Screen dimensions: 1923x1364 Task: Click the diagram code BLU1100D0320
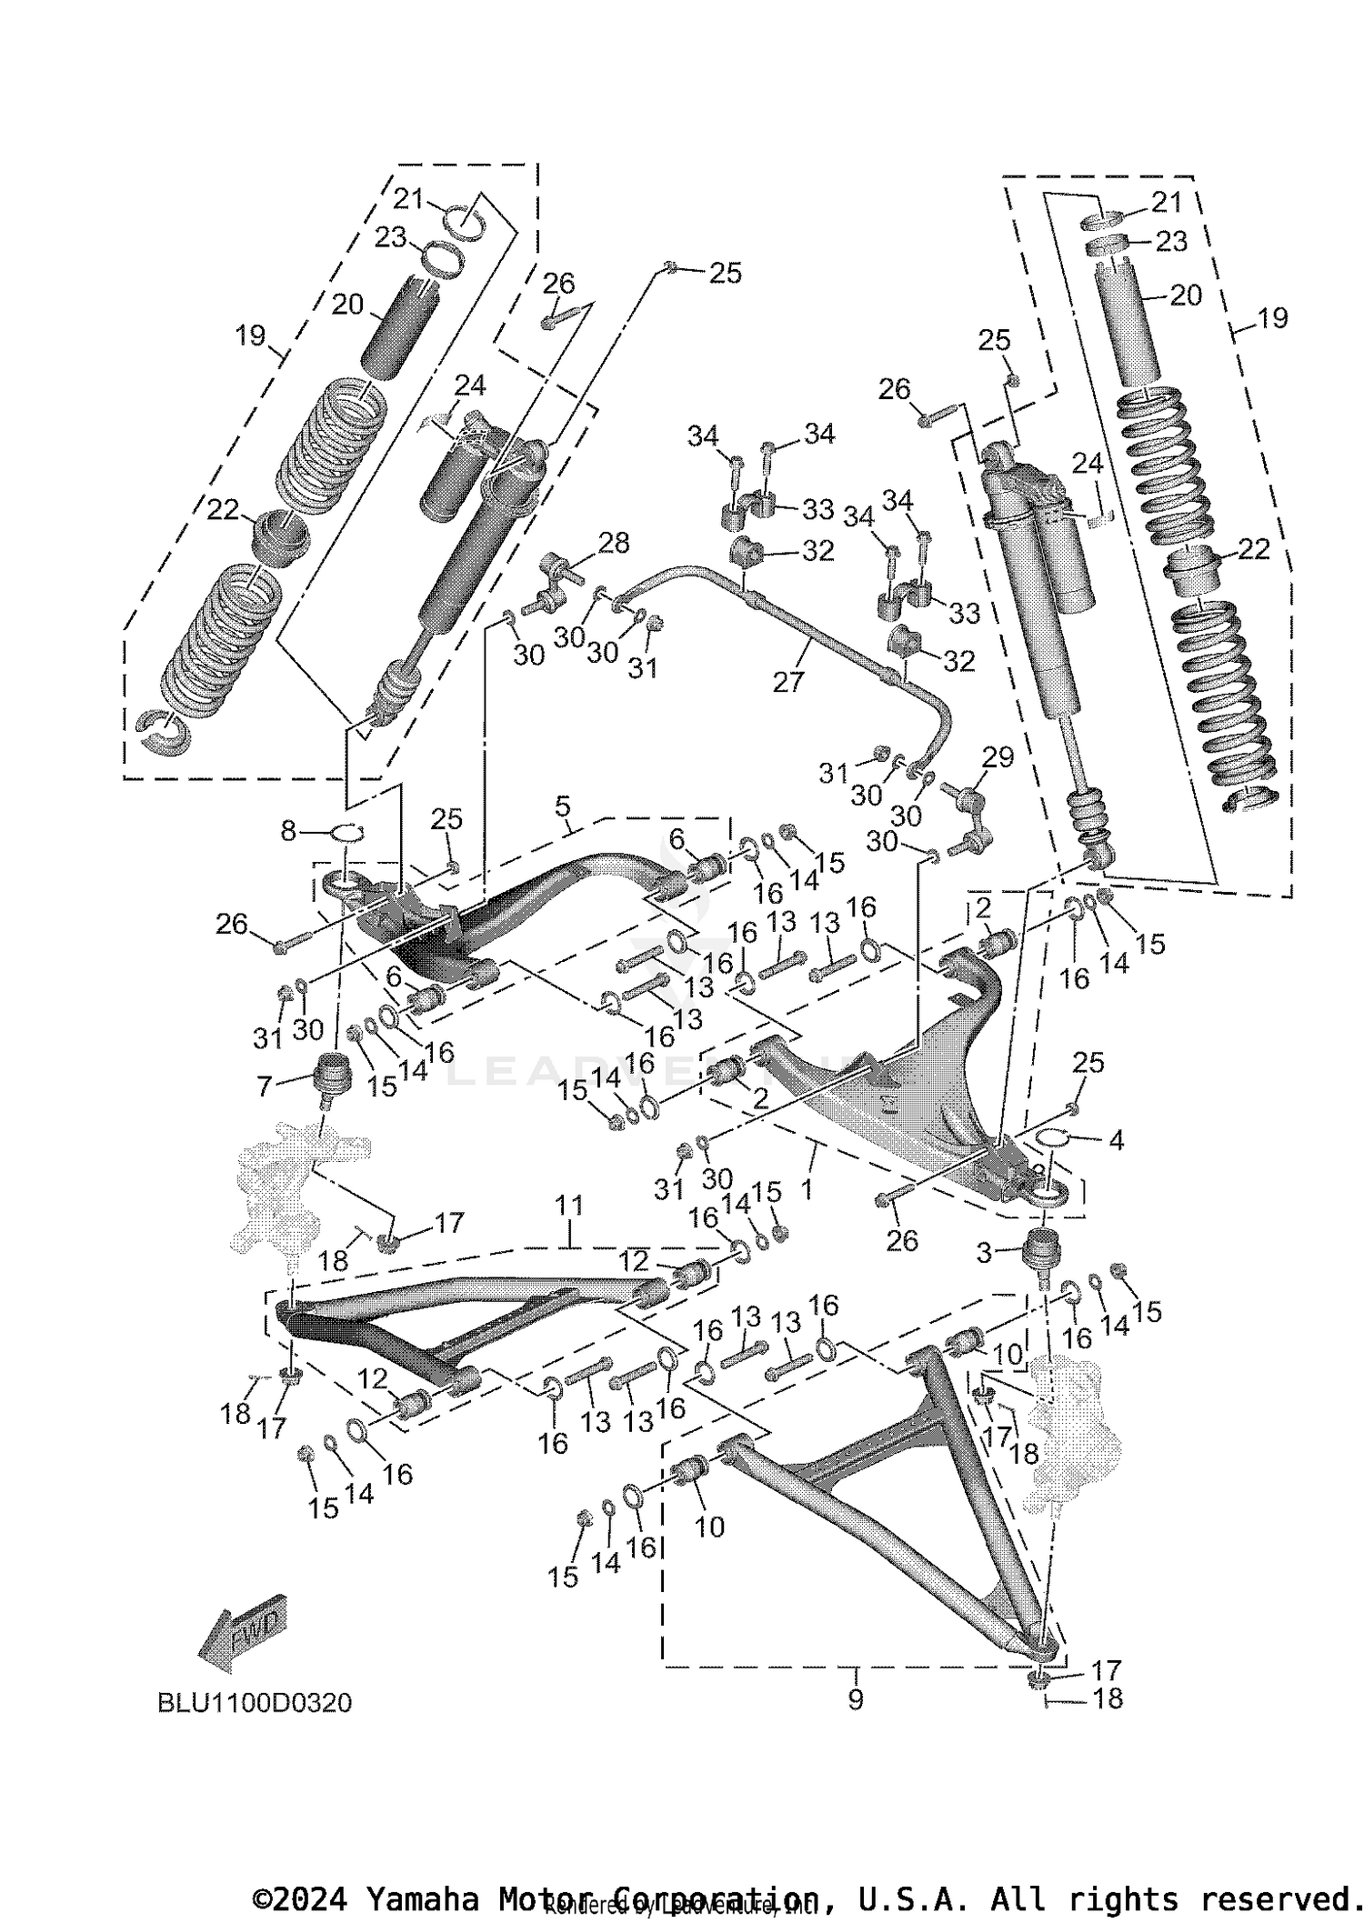[255, 1703]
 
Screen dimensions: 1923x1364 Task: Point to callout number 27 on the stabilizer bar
[788, 681]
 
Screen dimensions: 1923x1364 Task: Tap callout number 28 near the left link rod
[615, 543]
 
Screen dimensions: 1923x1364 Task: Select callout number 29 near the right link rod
[998, 756]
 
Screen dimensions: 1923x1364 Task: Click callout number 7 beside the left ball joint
[265, 1085]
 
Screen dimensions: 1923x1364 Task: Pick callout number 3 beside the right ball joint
[985, 1253]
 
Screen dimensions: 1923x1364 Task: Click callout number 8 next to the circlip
[288, 830]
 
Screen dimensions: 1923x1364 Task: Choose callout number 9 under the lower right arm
[855, 1698]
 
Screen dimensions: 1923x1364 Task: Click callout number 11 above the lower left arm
[569, 1207]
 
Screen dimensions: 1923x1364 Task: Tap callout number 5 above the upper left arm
[563, 806]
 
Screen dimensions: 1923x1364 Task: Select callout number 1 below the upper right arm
[806, 1189]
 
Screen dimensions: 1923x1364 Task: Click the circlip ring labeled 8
[346, 831]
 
